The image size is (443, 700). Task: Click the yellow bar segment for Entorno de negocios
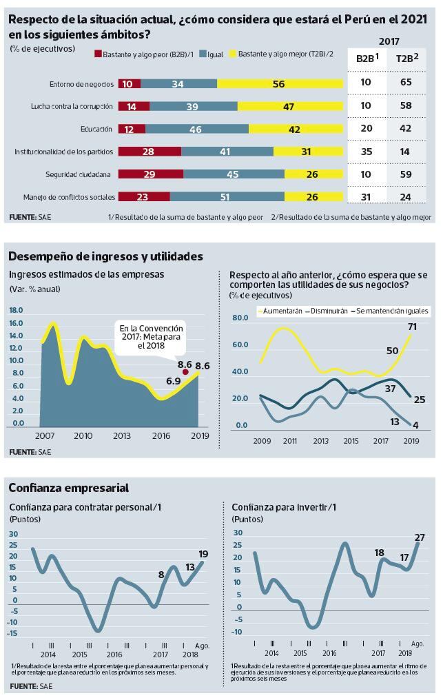[x=279, y=84]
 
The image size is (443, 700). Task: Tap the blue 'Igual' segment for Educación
[x=197, y=129]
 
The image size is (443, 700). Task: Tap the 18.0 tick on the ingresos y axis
[x=17, y=310]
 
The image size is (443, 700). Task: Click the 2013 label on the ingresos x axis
[x=122, y=436]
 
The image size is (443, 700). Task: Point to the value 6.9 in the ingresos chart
[x=173, y=380]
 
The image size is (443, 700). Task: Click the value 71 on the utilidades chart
[x=412, y=326]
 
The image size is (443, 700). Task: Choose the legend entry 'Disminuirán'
[x=326, y=311]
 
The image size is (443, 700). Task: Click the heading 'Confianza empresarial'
[x=68, y=488]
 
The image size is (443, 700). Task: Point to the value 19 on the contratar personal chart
[x=203, y=554]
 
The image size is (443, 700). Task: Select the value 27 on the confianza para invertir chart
[x=419, y=537]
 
